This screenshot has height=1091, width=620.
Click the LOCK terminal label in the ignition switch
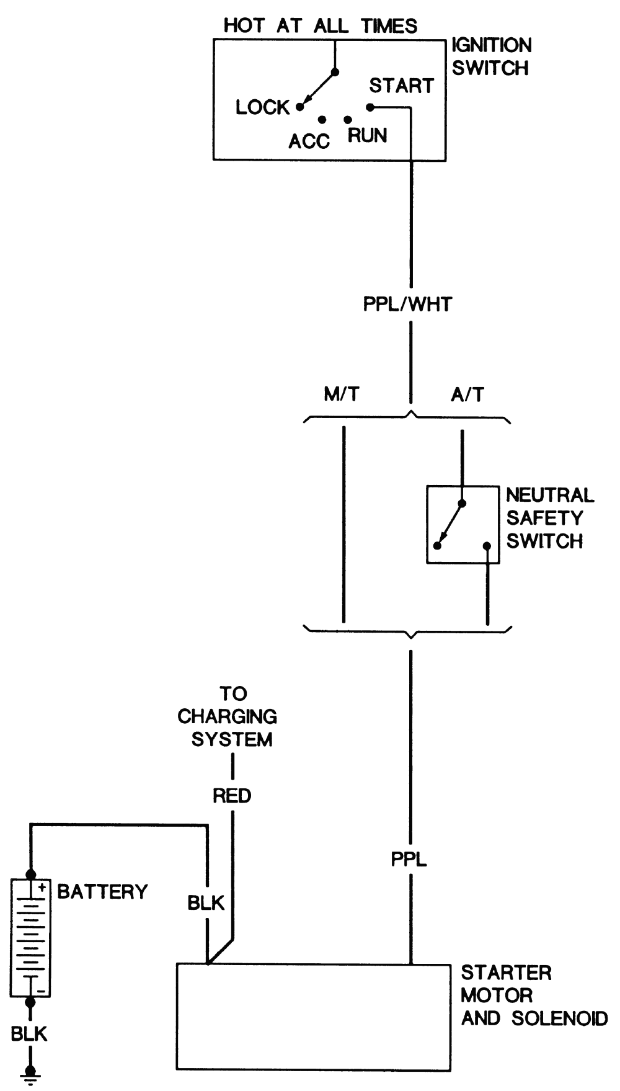[x=262, y=107]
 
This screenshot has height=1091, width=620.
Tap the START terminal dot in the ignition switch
[x=370, y=107]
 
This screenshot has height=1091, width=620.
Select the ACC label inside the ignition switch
[x=309, y=141]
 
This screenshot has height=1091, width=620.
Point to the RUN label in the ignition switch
[x=367, y=135]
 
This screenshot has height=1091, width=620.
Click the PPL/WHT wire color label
[x=407, y=305]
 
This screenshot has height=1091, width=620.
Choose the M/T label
[x=342, y=394]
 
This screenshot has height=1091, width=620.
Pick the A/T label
[x=467, y=394]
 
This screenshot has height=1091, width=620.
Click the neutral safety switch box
[x=463, y=525]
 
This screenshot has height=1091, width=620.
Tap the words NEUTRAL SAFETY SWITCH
[x=549, y=518]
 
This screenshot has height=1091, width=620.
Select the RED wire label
[x=232, y=796]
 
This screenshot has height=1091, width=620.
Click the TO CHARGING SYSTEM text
[x=228, y=716]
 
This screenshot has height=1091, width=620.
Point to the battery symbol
[x=30, y=937]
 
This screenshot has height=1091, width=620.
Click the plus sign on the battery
[x=42, y=888]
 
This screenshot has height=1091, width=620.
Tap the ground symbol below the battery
[x=30, y=1075]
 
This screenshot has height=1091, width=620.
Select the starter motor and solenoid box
[x=313, y=1017]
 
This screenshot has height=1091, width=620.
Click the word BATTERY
[x=102, y=892]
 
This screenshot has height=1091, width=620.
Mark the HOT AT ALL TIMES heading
[x=320, y=26]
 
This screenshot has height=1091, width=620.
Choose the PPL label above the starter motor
[x=409, y=860]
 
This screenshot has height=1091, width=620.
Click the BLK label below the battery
[x=29, y=1034]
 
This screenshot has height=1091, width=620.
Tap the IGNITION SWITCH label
[x=491, y=56]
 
